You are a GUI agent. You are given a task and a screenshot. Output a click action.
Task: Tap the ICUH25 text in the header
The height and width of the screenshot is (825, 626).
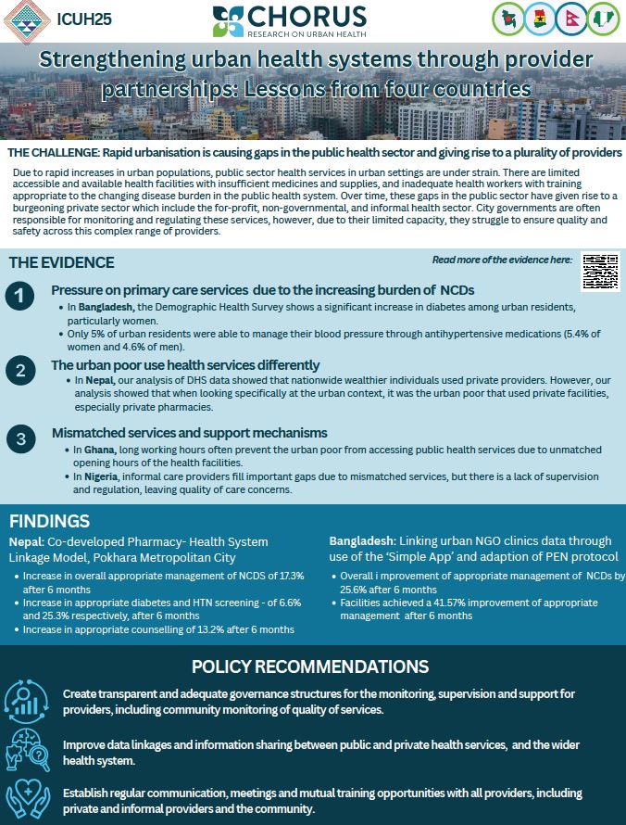click(84, 18)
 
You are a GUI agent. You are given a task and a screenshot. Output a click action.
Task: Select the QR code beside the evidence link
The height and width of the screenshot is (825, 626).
click(599, 272)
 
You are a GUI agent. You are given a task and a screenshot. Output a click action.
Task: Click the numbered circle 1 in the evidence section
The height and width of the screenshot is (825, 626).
click(19, 297)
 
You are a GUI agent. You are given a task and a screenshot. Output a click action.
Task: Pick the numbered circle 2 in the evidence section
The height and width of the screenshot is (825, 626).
click(19, 372)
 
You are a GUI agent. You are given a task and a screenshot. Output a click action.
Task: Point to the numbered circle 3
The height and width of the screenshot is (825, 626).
click(19, 439)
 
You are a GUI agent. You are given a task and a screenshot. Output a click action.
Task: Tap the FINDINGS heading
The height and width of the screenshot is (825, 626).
click(49, 521)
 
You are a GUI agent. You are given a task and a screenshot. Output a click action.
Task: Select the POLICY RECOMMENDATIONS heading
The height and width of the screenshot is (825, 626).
click(310, 666)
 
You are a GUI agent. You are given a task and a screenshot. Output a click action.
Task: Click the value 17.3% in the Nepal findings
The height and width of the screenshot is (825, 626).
click(286, 576)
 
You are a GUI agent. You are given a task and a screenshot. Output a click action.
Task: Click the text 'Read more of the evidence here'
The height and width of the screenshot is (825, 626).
click(501, 260)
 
